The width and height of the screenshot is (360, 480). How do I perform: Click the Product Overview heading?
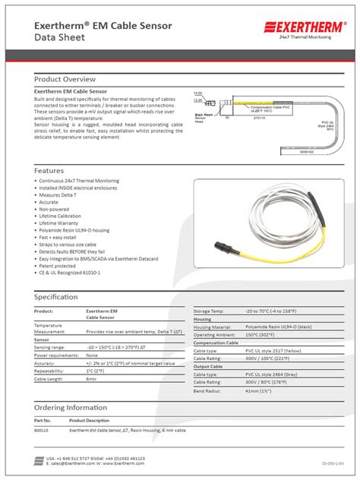pos(65,79)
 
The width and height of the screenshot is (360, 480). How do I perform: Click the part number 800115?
pos(43,430)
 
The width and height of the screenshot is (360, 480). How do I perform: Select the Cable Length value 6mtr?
pos(91,378)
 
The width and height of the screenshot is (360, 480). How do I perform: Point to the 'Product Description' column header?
pos(90,419)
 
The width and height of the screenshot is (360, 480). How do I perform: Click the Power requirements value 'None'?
pos(92,355)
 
